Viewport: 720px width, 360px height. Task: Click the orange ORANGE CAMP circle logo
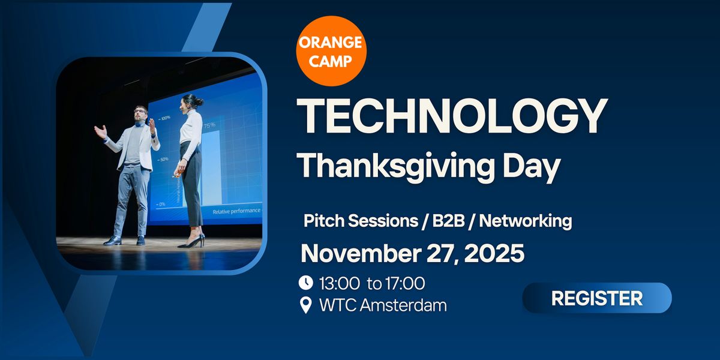[x=331, y=52]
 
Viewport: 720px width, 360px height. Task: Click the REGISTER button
[x=596, y=298]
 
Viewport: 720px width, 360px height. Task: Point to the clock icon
[x=306, y=282]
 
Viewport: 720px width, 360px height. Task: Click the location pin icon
[x=306, y=305]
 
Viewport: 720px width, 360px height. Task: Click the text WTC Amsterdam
[x=383, y=305]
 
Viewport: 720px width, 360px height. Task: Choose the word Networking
[x=525, y=221]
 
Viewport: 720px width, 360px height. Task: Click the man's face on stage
[x=140, y=115]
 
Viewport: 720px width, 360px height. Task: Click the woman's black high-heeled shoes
[x=191, y=242]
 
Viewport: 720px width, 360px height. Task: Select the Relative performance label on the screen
[x=236, y=211]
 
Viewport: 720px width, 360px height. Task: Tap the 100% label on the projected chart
[x=164, y=118]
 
